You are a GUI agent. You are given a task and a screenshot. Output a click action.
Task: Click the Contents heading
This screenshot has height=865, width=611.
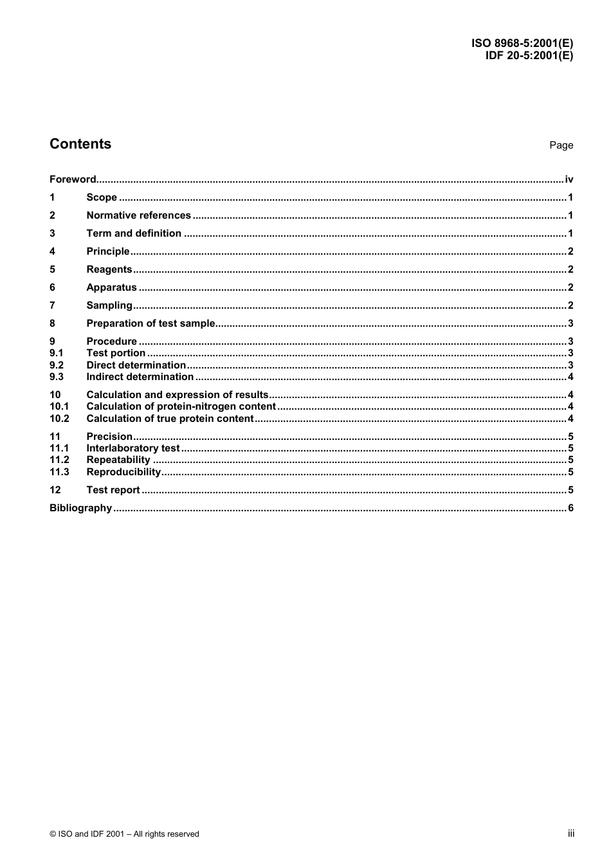click(80, 144)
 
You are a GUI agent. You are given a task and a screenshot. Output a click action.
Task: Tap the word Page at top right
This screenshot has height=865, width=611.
click(561, 145)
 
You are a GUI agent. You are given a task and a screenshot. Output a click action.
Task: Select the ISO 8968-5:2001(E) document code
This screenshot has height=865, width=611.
click(522, 44)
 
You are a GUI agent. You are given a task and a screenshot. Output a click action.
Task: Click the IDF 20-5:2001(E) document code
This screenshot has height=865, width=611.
click(529, 55)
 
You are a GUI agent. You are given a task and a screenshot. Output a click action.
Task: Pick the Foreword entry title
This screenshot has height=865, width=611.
click(73, 179)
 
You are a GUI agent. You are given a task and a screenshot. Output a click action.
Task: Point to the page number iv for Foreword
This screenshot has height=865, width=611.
click(569, 179)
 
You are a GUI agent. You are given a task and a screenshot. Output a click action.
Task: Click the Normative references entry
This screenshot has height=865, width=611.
click(138, 215)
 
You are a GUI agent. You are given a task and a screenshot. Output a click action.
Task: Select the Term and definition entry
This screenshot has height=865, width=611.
click(134, 233)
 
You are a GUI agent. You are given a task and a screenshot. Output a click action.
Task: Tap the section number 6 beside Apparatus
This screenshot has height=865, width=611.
click(53, 287)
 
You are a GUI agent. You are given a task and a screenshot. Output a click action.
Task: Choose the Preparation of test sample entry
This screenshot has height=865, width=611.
click(150, 323)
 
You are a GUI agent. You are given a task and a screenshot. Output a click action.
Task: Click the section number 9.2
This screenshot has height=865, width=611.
click(57, 365)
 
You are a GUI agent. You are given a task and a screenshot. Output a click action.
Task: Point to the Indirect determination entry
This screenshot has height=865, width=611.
click(140, 377)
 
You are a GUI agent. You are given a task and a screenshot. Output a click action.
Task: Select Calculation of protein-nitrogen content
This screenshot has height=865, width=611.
click(181, 406)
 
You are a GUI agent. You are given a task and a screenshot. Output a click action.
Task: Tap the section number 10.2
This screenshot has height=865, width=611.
click(59, 419)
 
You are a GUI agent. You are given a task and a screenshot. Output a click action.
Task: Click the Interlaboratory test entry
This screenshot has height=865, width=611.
click(133, 448)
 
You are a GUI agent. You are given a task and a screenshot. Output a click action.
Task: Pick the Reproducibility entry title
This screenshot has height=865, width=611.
click(123, 472)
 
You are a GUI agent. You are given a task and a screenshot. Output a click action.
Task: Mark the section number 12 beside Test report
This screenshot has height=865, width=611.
click(55, 490)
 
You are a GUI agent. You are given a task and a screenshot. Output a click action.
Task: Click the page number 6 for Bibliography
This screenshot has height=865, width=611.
click(570, 508)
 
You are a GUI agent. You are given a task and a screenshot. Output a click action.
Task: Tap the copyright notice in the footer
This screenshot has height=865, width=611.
click(124, 834)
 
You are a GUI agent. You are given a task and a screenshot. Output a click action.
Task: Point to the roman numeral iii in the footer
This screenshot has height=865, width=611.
click(570, 833)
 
